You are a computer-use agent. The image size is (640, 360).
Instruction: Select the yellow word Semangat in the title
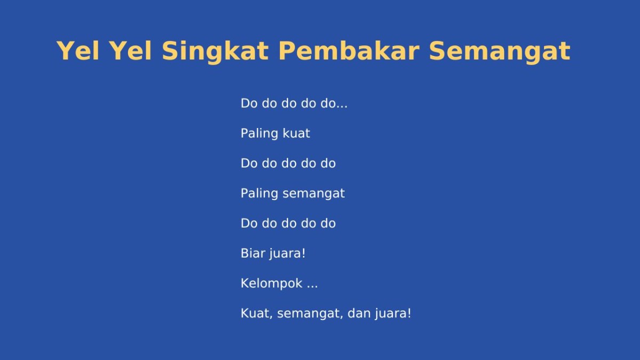(x=499, y=52)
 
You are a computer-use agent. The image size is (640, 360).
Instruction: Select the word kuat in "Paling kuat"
(x=297, y=133)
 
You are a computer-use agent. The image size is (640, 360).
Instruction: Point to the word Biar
(x=252, y=253)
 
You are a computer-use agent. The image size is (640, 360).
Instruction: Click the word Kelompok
(x=271, y=283)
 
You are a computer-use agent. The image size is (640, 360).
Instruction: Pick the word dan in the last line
(x=358, y=313)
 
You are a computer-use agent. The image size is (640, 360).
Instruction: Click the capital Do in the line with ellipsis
(x=249, y=103)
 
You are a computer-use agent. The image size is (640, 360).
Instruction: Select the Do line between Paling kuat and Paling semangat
(x=288, y=163)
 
